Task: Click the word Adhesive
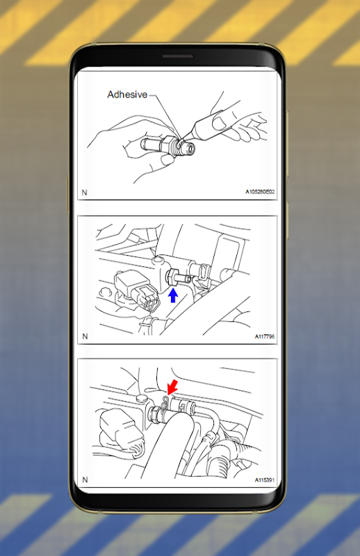click(127, 95)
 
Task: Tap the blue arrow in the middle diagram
click(173, 295)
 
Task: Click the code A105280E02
click(260, 192)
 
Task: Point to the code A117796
click(265, 336)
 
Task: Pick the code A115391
click(265, 480)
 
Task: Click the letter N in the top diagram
click(84, 193)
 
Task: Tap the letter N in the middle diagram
click(85, 336)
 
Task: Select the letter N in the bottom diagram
click(85, 480)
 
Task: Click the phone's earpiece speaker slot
click(178, 56)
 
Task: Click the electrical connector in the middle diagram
click(136, 288)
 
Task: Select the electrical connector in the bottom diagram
click(121, 432)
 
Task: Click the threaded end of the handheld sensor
click(186, 147)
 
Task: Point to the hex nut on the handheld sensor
click(167, 145)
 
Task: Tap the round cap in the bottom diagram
click(142, 397)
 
